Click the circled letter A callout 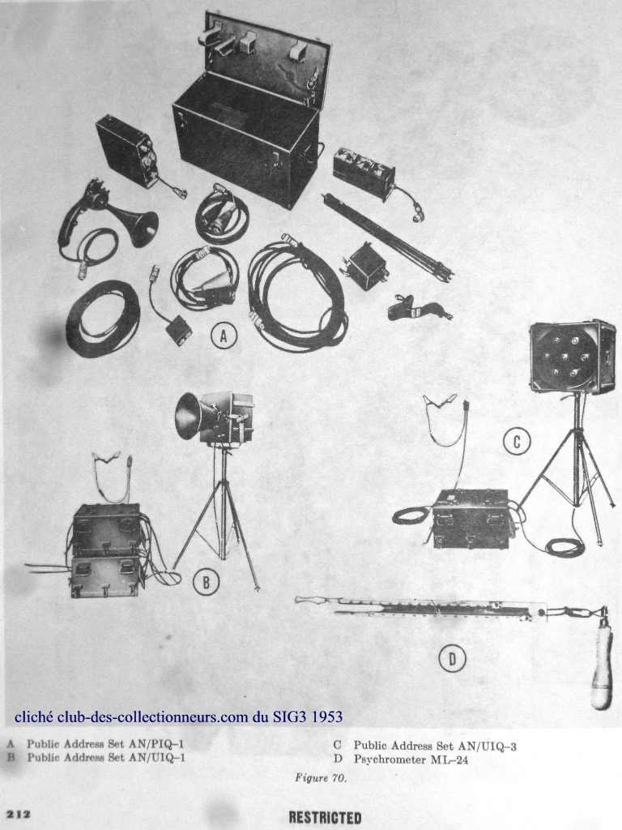[224, 336]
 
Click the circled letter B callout [207, 582]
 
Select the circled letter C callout [518, 441]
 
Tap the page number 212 [18, 814]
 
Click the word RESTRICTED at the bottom [326, 817]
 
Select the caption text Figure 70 [320, 778]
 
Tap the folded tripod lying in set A [390, 236]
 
